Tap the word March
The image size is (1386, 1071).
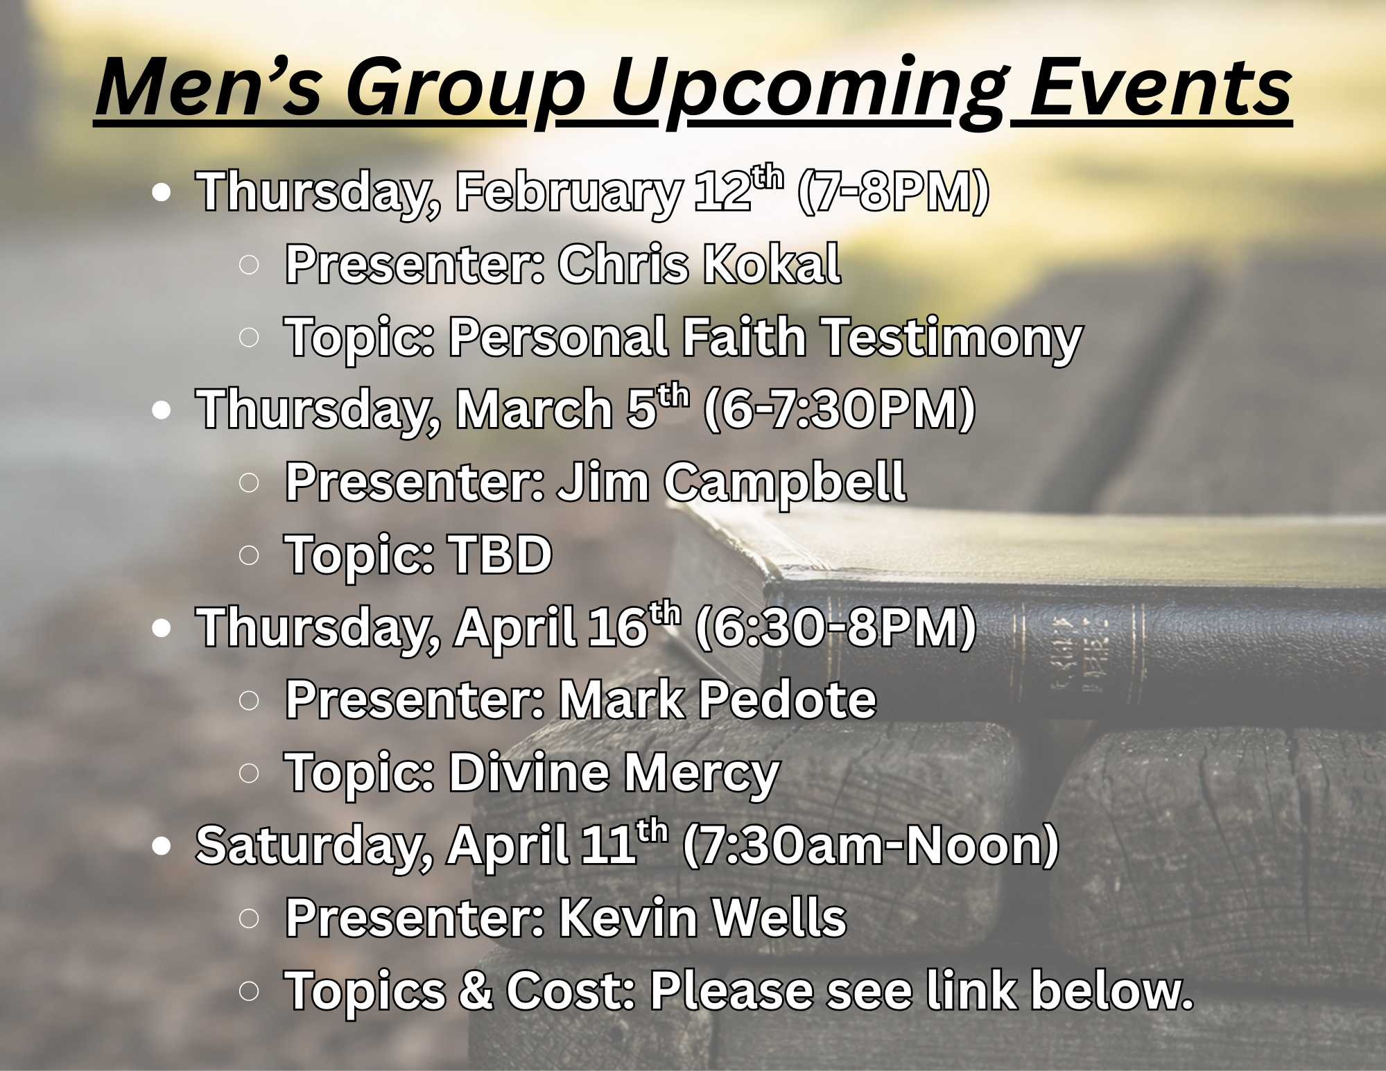(x=533, y=410)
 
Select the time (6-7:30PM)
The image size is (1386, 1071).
(x=840, y=410)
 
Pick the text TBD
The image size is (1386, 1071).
(x=500, y=555)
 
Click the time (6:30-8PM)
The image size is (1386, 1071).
(x=835, y=627)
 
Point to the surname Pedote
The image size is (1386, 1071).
(x=787, y=699)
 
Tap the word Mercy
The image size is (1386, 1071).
(x=702, y=772)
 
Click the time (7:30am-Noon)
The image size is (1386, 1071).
(x=871, y=845)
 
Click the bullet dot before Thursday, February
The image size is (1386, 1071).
(x=161, y=193)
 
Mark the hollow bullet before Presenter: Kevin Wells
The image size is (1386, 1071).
(x=249, y=918)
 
